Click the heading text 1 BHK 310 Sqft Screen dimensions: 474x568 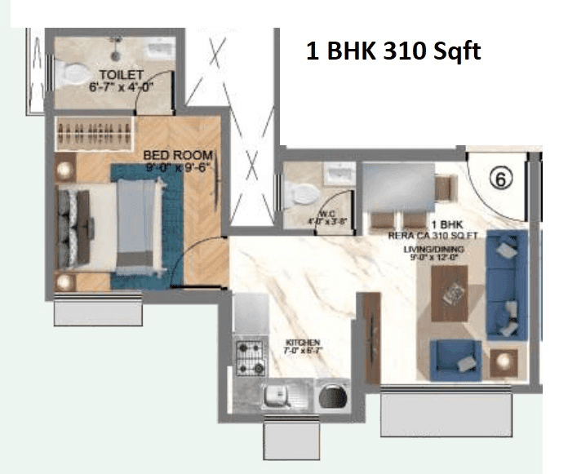point(393,51)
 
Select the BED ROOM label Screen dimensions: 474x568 point(178,155)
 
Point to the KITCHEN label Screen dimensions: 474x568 point(302,342)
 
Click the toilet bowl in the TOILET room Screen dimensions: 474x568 point(74,73)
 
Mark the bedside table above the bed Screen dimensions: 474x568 point(63,171)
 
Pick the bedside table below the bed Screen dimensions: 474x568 point(63,281)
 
